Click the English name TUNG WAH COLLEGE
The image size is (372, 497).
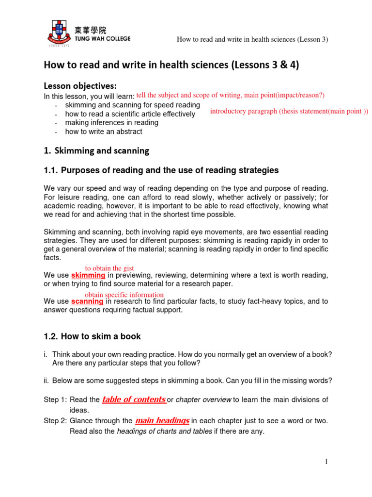[102, 39]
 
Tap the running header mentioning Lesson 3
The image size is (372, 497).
[252, 39]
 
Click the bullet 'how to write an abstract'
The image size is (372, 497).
[104, 132]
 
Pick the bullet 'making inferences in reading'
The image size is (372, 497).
[111, 123]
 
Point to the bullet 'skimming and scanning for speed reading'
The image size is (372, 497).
[132, 105]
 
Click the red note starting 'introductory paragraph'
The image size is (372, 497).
[289, 111]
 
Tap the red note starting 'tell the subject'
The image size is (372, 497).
[231, 95]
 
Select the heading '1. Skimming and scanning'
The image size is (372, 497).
[96, 151]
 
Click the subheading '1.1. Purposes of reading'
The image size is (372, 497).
[161, 170]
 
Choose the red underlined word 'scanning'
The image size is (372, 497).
[87, 301]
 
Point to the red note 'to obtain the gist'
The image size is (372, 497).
[109, 268]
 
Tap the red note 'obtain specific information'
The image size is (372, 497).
[124, 295]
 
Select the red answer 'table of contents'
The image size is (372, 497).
[134, 399]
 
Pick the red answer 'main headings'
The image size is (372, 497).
[162, 421]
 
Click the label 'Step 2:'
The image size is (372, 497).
[56, 421]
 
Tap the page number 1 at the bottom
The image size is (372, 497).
[326, 462]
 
